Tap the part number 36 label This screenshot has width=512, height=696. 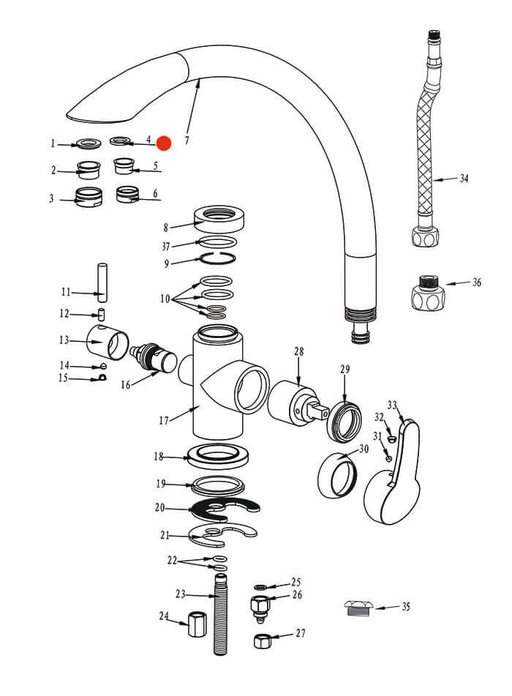point(476,282)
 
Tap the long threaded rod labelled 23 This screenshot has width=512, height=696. point(220,615)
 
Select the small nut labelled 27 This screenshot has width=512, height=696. point(263,641)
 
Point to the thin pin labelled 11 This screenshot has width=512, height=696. point(102,282)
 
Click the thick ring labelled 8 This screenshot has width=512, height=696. point(219,217)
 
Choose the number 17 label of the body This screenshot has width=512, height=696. point(164,420)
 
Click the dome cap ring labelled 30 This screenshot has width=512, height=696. point(337,476)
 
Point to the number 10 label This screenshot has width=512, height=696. point(165,299)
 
